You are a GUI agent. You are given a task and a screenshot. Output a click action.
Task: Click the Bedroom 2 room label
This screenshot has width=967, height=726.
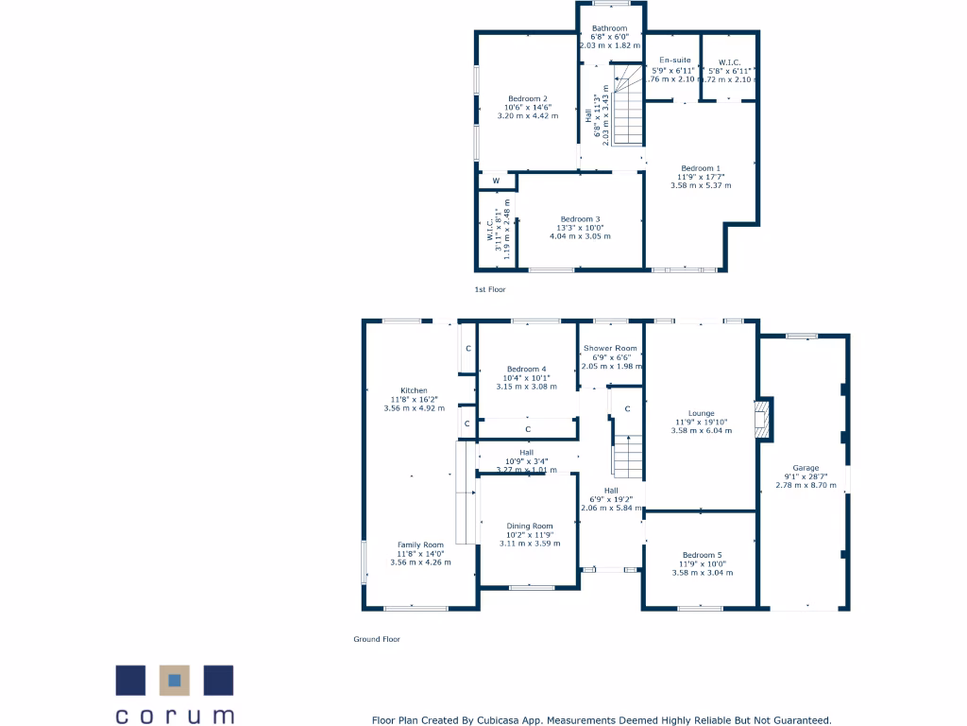click(528, 99)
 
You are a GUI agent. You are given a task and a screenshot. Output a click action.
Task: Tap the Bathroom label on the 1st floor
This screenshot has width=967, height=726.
click(609, 29)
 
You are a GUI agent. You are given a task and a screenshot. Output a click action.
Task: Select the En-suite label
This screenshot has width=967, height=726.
click(674, 60)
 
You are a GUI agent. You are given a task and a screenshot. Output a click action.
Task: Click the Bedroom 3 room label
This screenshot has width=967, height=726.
click(580, 219)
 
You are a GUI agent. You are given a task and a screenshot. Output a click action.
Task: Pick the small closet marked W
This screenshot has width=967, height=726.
click(496, 181)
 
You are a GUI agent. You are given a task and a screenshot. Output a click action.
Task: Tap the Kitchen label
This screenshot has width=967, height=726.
click(414, 390)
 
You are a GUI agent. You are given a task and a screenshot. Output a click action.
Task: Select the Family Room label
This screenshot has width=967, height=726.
click(420, 545)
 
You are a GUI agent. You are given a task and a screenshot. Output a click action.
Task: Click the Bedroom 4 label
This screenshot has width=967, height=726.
click(526, 369)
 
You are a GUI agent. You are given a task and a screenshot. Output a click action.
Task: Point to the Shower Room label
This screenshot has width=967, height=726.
click(610, 349)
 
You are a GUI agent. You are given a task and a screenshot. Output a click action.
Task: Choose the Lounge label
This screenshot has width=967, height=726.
click(702, 413)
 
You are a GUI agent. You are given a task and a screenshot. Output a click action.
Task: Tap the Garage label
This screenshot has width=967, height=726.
click(806, 468)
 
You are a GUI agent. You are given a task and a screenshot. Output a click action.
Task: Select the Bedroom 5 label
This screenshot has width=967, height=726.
click(701, 555)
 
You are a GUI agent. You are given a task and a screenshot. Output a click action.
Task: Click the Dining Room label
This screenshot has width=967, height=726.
click(530, 527)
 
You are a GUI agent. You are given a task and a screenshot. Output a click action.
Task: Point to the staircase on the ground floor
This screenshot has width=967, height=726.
click(627, 458)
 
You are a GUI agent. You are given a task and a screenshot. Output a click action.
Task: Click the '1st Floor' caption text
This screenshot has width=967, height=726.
click(490, 290)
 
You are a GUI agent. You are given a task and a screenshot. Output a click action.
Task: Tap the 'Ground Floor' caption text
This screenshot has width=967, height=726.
click(377, 639)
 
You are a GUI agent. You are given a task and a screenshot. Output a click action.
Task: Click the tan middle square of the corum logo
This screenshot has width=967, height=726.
click(175, 680)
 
